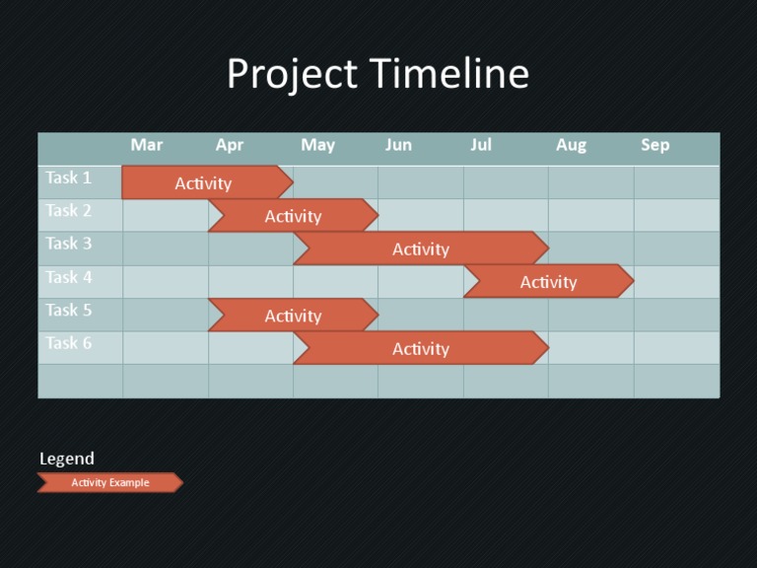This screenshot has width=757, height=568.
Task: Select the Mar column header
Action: [147, 145]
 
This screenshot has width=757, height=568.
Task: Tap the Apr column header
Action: [230, 145]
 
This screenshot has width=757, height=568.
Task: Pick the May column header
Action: [317, 145]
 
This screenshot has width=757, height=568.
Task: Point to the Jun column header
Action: [398, 145]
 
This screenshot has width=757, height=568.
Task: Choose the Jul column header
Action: [481, 145]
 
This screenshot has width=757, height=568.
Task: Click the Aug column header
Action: [571, 145]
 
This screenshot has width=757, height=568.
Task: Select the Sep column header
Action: [655, 145]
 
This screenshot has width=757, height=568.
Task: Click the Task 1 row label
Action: [68, 178]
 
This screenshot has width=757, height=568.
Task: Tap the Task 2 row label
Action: [68, 211]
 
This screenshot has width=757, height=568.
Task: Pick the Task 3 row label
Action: [68, 244]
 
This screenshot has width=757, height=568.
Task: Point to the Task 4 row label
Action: [68, 277]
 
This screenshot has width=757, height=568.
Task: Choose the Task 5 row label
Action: [68, 311]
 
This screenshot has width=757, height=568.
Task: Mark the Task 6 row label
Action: [68, 343]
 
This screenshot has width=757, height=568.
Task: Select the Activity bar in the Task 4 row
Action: [548, 281]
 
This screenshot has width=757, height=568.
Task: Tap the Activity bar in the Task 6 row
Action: [421, 348]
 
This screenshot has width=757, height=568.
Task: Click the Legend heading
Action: [67, 459]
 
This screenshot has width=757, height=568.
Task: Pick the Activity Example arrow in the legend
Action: [110, 482]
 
